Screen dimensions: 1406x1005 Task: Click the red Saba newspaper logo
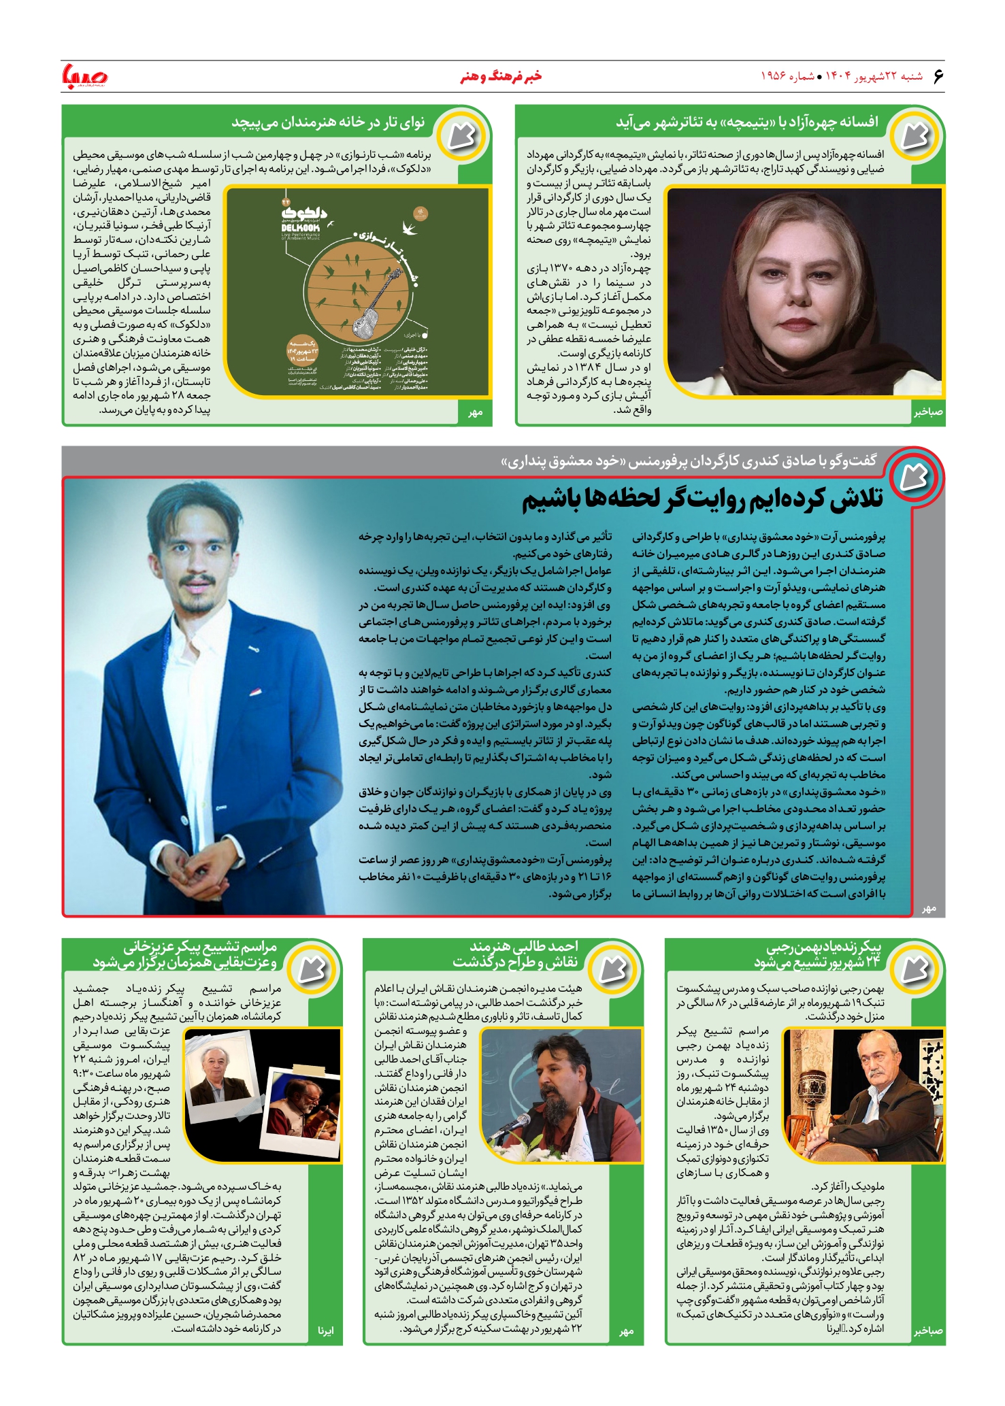(x=84, y=76)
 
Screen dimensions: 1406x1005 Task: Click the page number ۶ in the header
(x=938, y=76)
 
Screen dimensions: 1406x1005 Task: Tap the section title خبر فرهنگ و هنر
(x=501, y=76)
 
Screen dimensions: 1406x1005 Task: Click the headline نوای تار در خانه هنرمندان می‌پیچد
(x=328, y=122)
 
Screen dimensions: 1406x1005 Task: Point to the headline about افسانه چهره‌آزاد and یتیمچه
(x=746, y=122)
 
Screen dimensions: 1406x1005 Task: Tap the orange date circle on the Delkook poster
(x=301, y=350)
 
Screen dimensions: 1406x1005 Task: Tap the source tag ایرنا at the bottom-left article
(x=327, y=1330)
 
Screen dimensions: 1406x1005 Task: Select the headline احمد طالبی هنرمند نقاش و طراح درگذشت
(x=515, y=954)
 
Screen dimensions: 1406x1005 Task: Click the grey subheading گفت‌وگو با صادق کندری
(x=689, y=461)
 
